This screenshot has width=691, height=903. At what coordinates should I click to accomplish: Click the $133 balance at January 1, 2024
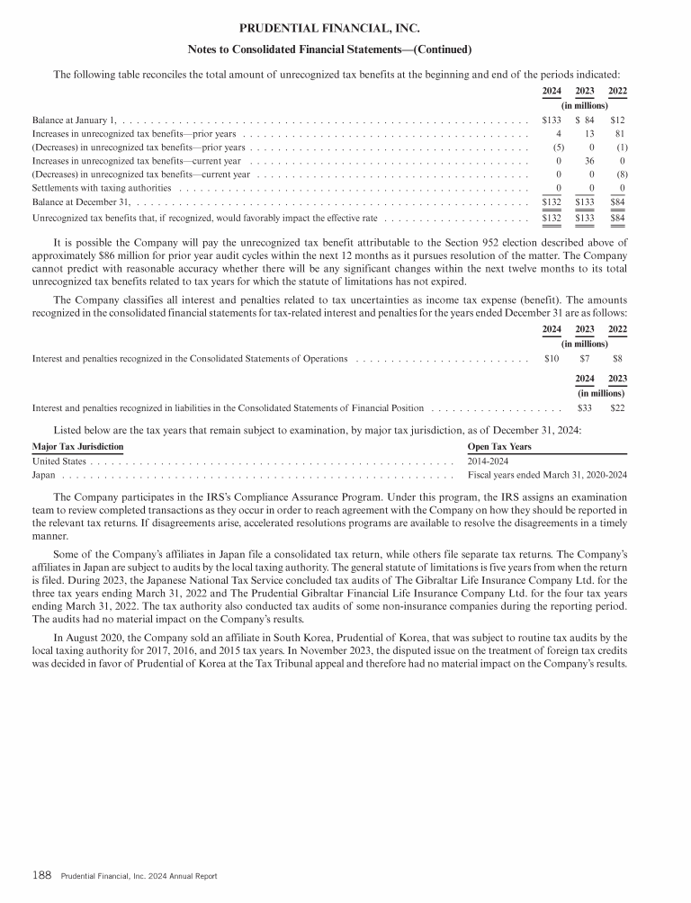click(552, 120)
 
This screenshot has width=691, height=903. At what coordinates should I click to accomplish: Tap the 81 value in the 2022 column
click(619, 134)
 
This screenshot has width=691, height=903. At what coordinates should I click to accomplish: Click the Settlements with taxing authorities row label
click(102, 189)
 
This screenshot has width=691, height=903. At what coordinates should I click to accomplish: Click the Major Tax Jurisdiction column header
click(77, 446)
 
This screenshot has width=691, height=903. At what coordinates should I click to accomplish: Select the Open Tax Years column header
click(499, 446)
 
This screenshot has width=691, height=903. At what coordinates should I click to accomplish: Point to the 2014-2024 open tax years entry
click(489, 460)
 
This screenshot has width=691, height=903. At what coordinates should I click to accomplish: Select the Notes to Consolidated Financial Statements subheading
click(328, 49)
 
